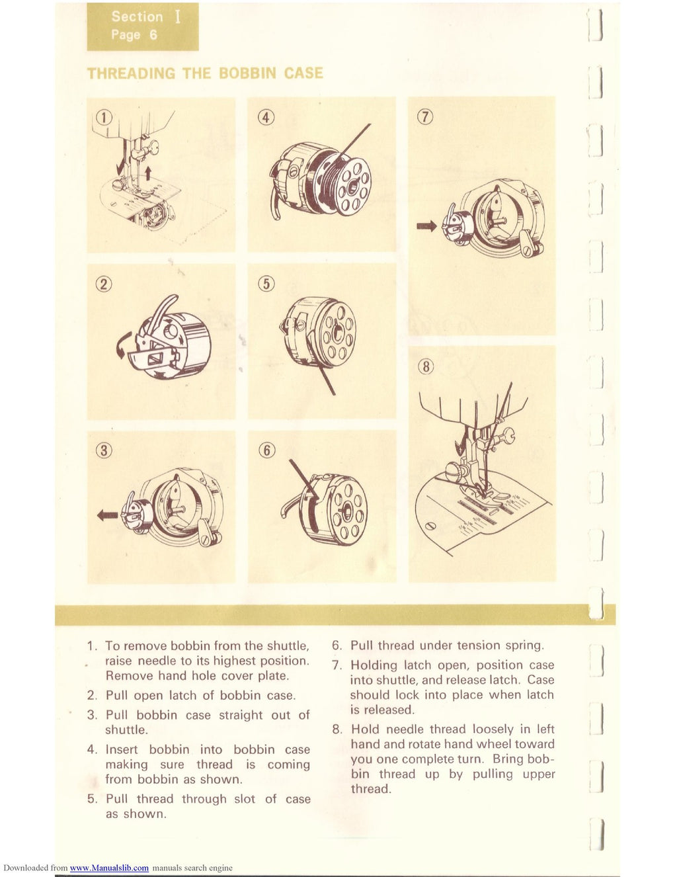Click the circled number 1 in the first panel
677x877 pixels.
tap(103, 117)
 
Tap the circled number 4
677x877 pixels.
tap(265, 117)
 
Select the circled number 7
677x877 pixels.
tap(425, 117)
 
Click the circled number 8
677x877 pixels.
tap(426, 366)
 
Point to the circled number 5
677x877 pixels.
tap(266, 284)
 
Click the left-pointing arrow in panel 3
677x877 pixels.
tap(108, 515)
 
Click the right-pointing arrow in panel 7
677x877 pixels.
tap(426, 226)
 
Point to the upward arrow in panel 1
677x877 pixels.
tap(149, 173)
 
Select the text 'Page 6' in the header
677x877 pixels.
tap(134, 34)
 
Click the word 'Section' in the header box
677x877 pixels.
tap(137, 17)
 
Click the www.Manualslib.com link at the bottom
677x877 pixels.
tap(109, 868)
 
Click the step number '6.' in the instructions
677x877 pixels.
tap(337, 646)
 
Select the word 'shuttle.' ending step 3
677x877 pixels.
tap(126, 730)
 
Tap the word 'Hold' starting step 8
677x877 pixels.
tap(365, 729)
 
